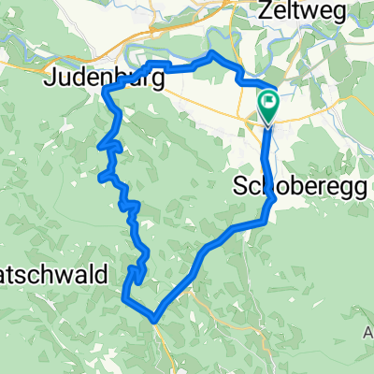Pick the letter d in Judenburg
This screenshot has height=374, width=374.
pyautogui.click(x=74, y=79)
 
